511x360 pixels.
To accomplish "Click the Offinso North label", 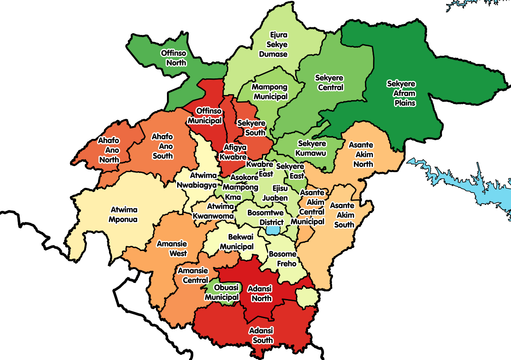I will pos(173,58).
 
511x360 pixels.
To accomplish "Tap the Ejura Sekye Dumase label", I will pos(278,45).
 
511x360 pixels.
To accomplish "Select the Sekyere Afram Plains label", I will pos(401,93).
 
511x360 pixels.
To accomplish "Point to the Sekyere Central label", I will pos(329,83).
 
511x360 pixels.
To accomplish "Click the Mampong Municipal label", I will pos(270,92).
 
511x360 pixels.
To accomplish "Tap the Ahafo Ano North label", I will pos(109,150).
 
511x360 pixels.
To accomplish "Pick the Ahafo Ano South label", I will pos(163,146).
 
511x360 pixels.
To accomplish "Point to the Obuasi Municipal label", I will pos(221,292).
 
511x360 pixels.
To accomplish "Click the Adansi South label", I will pos(261,335).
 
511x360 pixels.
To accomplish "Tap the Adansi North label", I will pos(261,294).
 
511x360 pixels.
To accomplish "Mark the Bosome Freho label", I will pos(282,259).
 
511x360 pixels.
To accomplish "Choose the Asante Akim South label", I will pos(344,215).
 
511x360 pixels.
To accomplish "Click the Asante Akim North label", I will pos(361,155).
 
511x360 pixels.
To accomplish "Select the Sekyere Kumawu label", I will pos(312,148).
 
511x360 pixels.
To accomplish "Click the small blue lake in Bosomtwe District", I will pos(273,230).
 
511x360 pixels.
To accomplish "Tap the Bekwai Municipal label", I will pos(236,242).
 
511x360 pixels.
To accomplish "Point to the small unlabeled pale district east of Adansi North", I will pos(307,297).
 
